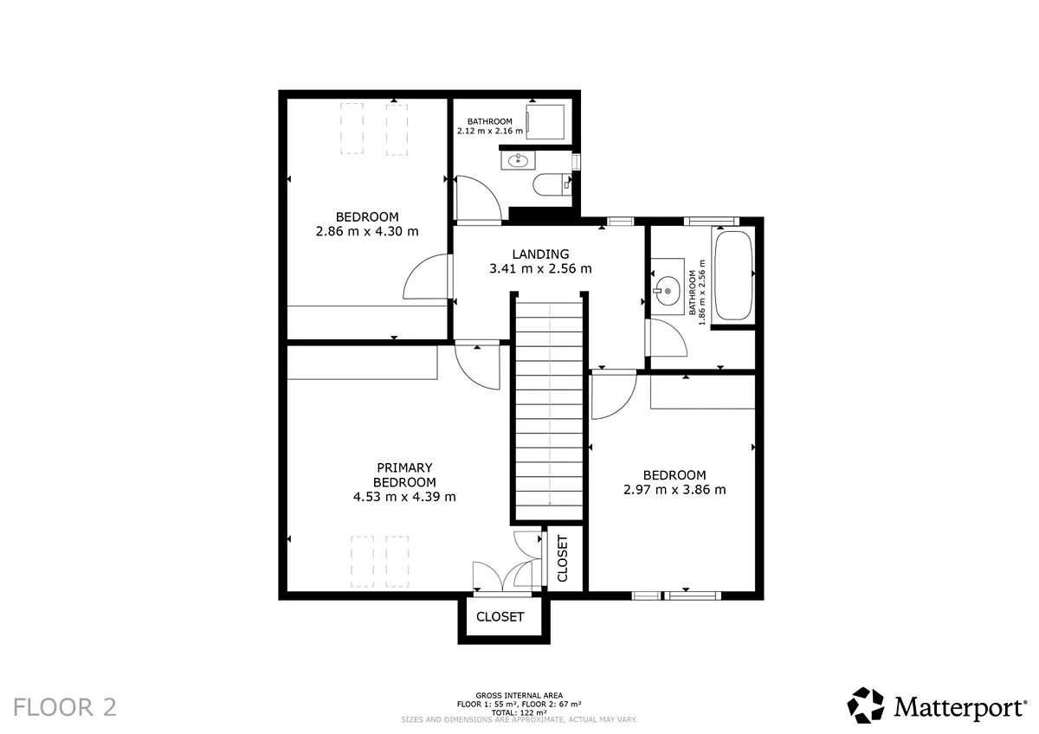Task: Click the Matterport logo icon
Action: pos(866,705)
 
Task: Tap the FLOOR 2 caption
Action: pos(65,707)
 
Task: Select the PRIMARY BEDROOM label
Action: pos(404,475)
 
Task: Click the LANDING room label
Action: pos(540,254)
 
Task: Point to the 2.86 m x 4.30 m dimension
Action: pos(367,231)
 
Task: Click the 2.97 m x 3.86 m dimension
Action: pos(674,490)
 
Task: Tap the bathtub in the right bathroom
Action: pos(733,275)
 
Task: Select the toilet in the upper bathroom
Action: pos(552,184)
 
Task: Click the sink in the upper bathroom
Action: pos(518,160)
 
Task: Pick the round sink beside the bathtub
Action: pos(668,291)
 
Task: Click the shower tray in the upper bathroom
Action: pos(545,122)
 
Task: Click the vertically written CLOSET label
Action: pos(562,558)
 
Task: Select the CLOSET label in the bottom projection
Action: pos(500,616)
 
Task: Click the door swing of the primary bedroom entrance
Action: pos(478,366)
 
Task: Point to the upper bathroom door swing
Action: pos(479,198)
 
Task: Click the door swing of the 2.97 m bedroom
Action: pos(614,395)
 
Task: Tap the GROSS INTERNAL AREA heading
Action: pos(519,696)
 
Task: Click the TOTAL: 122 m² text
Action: pos(519,712)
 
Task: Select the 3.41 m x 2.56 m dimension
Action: pos(540,268)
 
